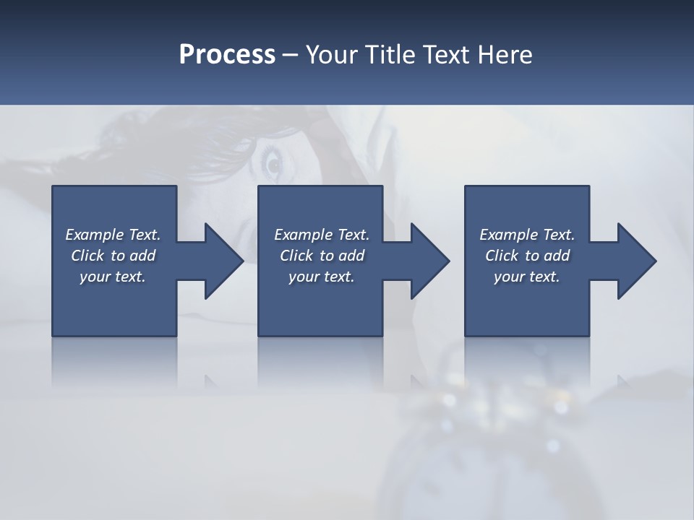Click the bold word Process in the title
click(227, 55)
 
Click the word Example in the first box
click(95, 235)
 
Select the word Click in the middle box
click(296, 256)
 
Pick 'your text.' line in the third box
click(526, 277)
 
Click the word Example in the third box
click(509, 235)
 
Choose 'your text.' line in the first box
click(112, 277)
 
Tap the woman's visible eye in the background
click(273, 165)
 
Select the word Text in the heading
click(447, 55)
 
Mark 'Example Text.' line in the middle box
click(321, 235)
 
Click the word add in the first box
click(143, 256)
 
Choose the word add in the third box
click(557, 256)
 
